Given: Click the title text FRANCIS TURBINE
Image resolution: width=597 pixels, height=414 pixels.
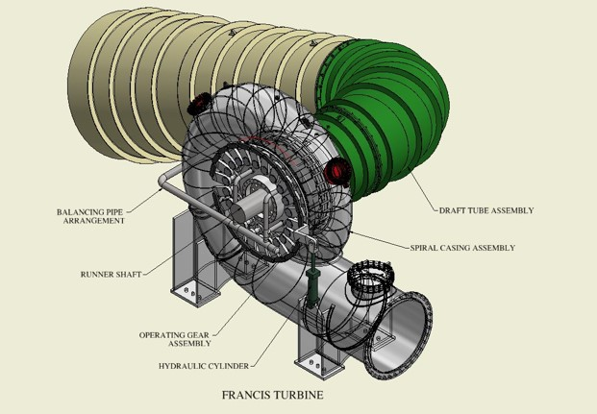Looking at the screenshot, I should pos(272,394).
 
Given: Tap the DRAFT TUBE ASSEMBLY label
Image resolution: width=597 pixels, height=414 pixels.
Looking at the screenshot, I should pos(485,210).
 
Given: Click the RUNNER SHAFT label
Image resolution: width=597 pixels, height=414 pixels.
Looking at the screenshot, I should pos(111,274).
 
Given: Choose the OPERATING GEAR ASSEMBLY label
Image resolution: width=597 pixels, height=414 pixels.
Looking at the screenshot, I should pos(175,339).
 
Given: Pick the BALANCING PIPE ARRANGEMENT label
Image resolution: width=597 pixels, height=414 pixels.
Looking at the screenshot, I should pos(90,216).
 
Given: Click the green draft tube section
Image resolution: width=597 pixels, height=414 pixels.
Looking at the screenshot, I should pos(385,106).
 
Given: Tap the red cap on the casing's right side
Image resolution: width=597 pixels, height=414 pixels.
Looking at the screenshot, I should pos(336,172).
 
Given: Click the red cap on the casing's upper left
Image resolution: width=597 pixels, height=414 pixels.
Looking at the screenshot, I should pos(200,103).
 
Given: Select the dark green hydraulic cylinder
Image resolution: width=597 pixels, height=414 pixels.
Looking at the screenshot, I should pos(311,287).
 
